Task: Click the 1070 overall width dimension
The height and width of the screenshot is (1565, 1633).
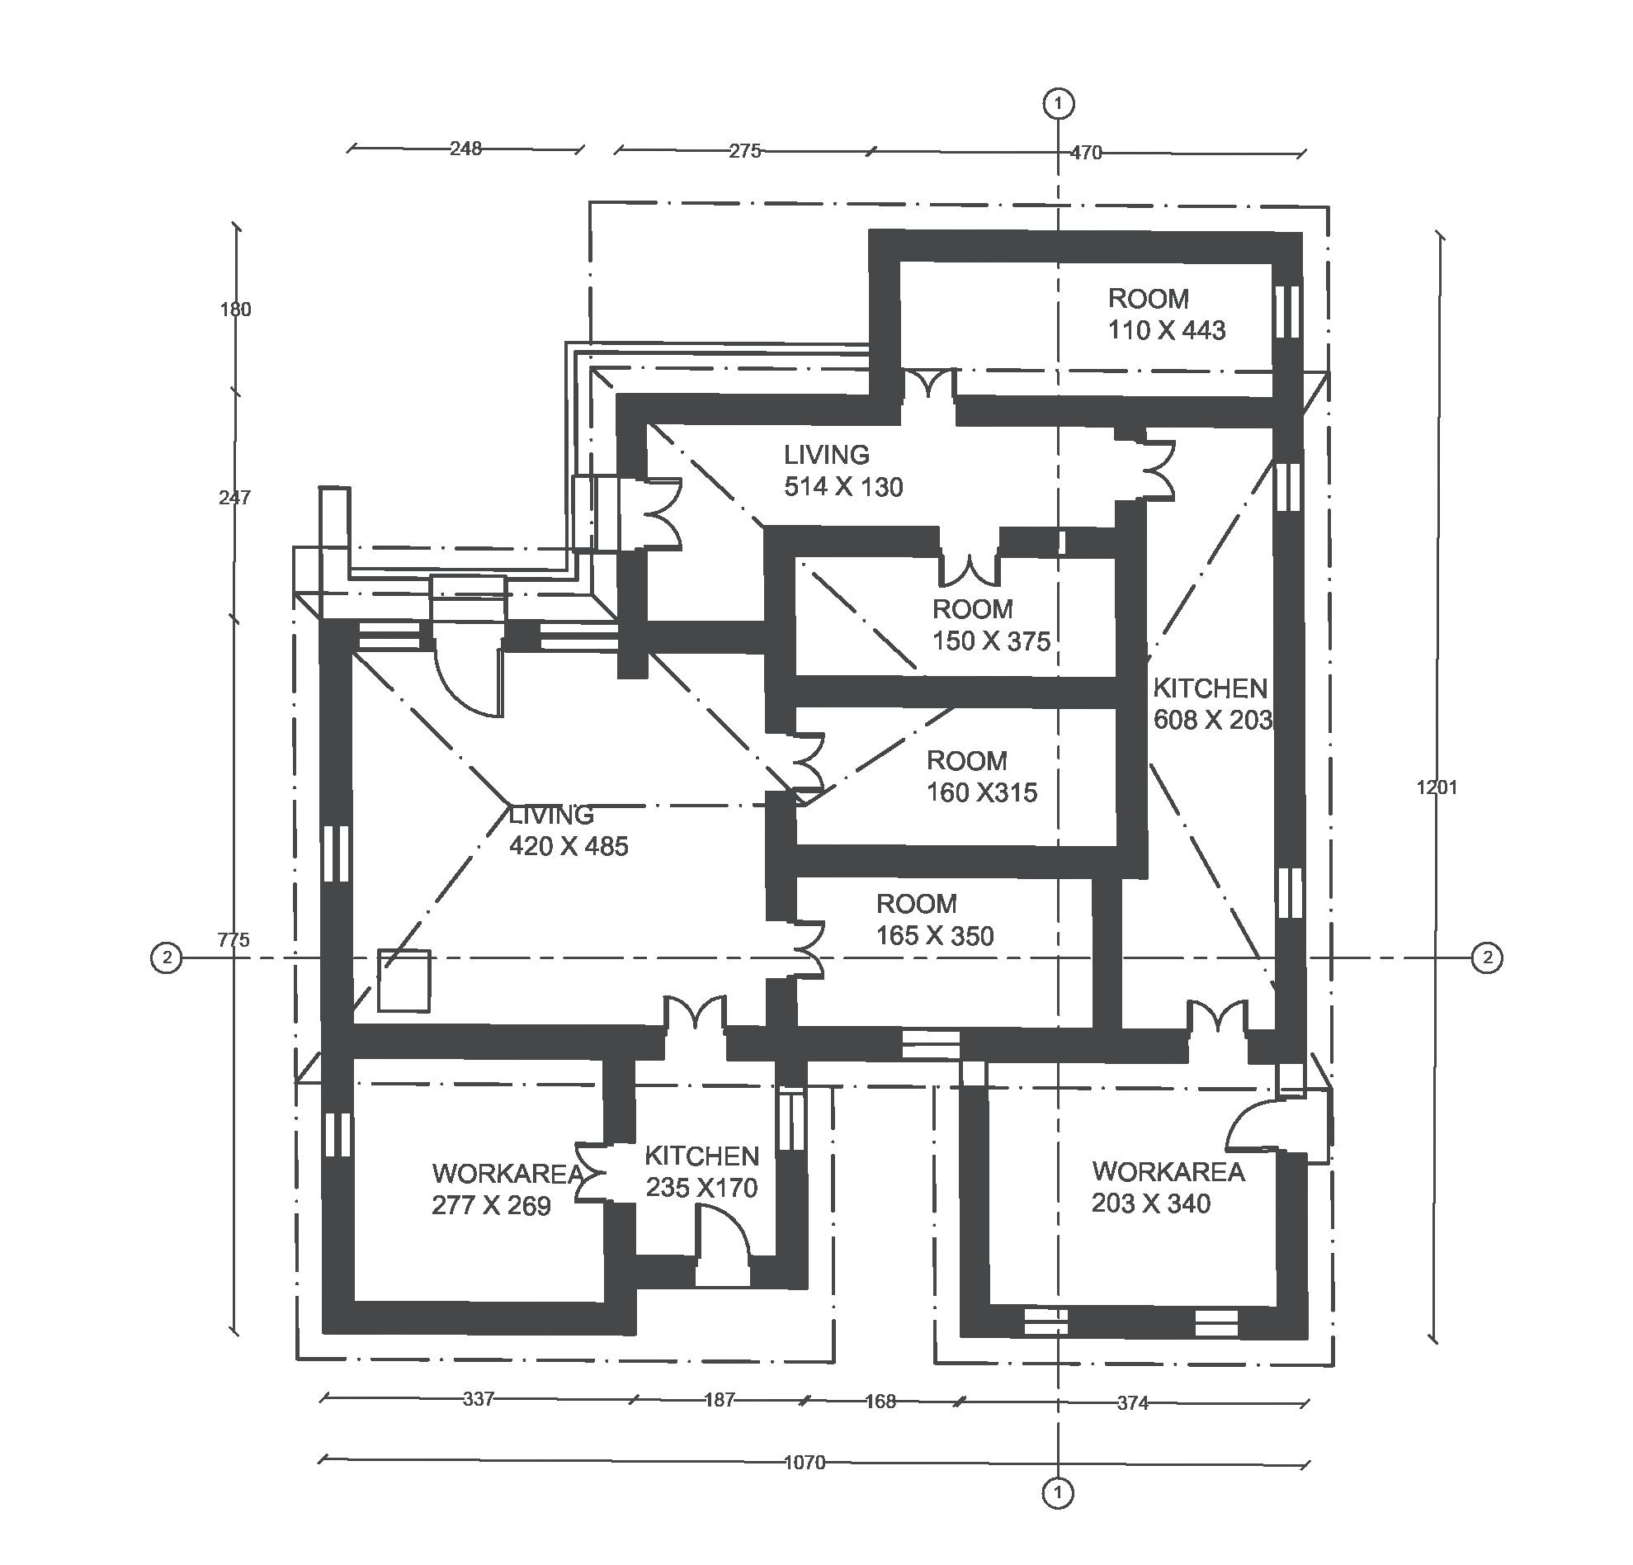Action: click(804, 1462)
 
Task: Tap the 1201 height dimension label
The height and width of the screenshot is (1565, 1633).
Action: click(1437, 787)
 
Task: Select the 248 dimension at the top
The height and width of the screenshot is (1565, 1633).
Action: click(465, 149)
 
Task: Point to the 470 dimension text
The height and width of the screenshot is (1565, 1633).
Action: click(1086, 153)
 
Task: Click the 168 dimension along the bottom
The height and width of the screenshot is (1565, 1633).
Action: click(880, 1401)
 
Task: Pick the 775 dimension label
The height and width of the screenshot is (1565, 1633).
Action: click(234, 939)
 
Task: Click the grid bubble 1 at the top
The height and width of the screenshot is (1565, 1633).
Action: click(1058, 104)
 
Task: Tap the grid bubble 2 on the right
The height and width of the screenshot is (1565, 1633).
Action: click(1487, 957)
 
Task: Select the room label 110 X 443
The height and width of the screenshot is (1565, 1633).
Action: click(1166, 314)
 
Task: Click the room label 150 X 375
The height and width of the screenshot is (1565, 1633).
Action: click(991, 625)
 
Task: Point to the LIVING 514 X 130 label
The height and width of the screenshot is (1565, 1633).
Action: click(843, 470)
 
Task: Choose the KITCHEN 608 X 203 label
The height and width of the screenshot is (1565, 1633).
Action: click(1212, 704)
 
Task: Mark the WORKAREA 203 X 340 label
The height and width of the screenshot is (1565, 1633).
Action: click(1168, 1187)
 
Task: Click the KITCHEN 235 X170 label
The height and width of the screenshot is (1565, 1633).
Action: click(701, 1171)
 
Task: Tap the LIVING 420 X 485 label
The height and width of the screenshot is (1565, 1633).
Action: click(569, 831)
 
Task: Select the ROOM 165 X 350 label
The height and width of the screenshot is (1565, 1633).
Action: click(934, 920)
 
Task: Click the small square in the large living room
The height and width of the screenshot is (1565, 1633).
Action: click(404, 981)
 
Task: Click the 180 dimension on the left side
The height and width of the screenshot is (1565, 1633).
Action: click(235, 310)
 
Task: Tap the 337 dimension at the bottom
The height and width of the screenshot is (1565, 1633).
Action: click(479, 1398)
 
